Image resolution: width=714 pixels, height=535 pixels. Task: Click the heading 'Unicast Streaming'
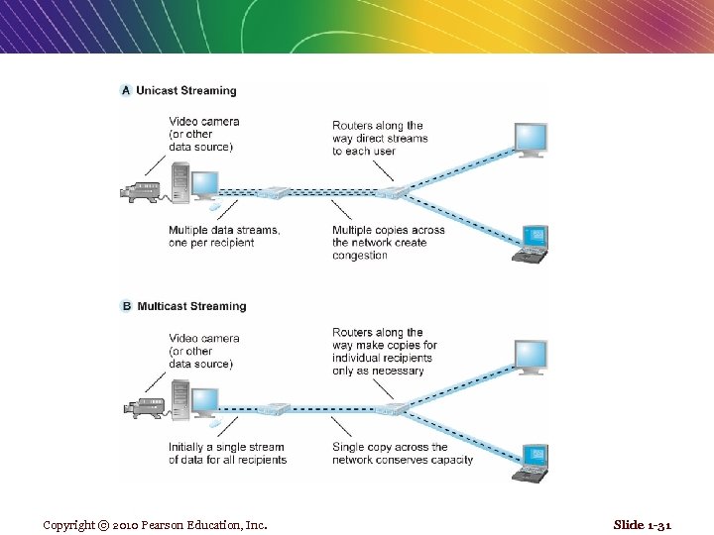pyautogui.click(x=186, y=90)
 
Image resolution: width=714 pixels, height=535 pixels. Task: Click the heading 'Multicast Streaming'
pyautogui.click(x=191, y=306)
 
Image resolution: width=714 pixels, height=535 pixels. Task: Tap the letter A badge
pyautogui.click(x=126, y=90)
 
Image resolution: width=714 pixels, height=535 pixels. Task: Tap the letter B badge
pyautogui.click(x=126, y=306)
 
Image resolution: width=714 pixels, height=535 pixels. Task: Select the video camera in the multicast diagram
pyautogui.click(x=140, y=405)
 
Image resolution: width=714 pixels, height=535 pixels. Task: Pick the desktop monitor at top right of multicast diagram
pyautogui.click(x=530, y=354)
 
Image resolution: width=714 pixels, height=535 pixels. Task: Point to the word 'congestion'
pyautogui.click(x=360, y=256)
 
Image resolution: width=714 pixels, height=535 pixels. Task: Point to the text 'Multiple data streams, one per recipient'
pyautogui.click(x=224, y=236)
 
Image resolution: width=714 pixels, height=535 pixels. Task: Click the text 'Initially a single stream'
pyautogui.click(x=226, y=447)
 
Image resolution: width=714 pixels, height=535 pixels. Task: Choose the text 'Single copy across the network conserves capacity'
pyautogui.click(x=403, y=453)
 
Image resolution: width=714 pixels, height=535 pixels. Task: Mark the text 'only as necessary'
pyautogui.click(x=378, y=371)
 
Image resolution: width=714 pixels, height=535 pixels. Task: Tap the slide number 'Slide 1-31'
pyautogui.click(x=642, y=524)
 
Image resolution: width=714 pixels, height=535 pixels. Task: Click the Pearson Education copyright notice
pyautogui.click(x=155, y=524)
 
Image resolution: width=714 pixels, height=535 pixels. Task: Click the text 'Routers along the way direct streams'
pyautogui.click(x=380, y=132)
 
